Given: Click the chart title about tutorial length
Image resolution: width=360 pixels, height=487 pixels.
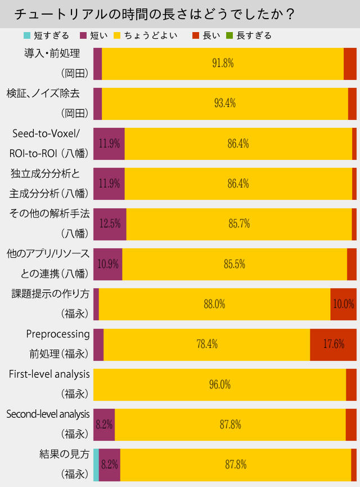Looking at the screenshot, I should click(x=154, y=14).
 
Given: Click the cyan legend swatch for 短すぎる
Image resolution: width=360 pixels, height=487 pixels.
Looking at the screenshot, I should click(x=26, y=35).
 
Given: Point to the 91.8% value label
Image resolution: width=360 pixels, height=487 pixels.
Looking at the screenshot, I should click(x=222, y=64).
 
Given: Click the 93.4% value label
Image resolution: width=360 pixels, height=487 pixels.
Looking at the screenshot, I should click(x=224, y=104).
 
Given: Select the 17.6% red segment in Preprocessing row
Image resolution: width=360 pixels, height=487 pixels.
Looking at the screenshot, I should click(x=334, y=344).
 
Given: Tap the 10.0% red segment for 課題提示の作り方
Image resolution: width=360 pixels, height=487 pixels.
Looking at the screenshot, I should click(x=343, y=304).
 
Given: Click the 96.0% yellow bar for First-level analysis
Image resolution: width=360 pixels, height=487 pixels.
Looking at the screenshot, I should click(x=219, y=385).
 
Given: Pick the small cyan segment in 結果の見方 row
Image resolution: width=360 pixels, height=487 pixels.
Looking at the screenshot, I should click(x=96, y=464).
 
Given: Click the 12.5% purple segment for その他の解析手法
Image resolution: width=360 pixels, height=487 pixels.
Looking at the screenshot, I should click(x=110, y=224).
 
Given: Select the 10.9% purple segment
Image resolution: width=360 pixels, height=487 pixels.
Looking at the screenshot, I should click(x=107, y=264).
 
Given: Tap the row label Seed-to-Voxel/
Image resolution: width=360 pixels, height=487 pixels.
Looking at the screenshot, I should click(x=49, y=133).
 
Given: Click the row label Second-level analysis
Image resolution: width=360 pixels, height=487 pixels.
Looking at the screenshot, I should click(x=48, y=414).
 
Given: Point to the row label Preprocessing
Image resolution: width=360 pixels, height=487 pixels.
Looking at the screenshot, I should click(x=58, y=334).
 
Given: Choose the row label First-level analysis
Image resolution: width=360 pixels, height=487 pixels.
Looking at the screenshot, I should click(x=49, y=374).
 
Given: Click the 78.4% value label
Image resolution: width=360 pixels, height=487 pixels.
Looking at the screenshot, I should click(x=206, y=344).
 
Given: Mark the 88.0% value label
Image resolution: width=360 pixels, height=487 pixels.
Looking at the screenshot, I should click(x=214, y=304).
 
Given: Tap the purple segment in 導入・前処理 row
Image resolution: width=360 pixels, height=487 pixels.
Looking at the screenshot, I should click(x=97, y=64).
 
